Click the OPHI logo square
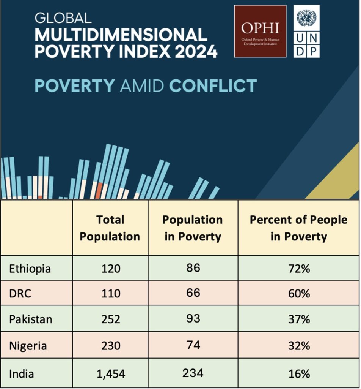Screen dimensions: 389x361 (x=260, y=31)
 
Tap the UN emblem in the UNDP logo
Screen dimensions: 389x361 (x=306, y=18)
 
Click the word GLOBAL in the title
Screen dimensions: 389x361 (x=63, y=17)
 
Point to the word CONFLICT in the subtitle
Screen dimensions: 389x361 (x=213, y=86)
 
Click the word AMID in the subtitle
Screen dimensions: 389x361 (x=141, y=86)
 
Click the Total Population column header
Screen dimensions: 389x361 (x=110, y=228)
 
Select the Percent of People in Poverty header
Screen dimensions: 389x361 (x=298, y=228)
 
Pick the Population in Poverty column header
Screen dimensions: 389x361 (x=193, y=228)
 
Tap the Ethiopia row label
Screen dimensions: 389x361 (x=30, y=269)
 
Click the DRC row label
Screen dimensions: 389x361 (x=21, y=293)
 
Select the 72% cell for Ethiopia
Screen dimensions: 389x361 (x=298, y=269)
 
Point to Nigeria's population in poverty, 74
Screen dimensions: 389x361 (x=193, y=345)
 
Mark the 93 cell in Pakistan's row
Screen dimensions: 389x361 (x=193, y=318)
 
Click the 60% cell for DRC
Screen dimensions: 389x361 (x=298, y=293)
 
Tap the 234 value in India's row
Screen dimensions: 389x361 (x=193, y=372)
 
